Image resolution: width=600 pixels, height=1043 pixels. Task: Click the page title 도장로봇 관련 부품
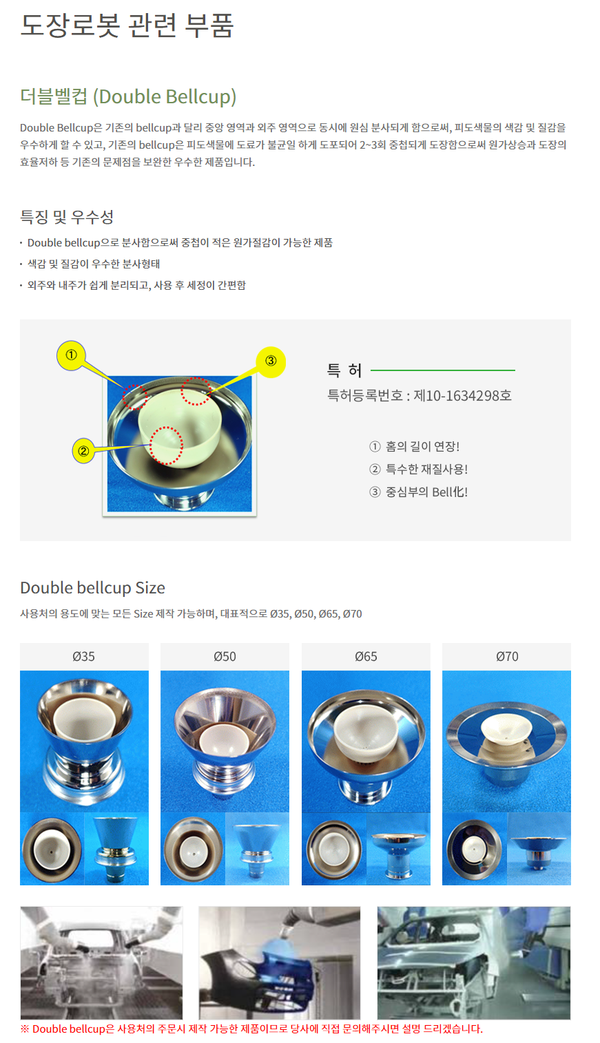pos(127,25)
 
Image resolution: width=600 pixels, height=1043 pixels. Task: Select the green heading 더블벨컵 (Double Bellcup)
pos(128,96)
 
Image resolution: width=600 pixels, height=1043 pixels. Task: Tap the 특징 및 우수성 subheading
pos(67,216)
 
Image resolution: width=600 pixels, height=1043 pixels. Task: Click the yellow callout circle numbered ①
pos(71,355)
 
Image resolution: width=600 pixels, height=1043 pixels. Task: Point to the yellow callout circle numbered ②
pos(83,451)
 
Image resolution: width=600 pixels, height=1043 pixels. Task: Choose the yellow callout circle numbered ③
pos(271,361)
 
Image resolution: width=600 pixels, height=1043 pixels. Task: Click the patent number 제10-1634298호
pos(463,396)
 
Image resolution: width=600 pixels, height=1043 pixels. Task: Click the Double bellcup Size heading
pos(93,588)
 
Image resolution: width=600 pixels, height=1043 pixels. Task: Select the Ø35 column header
pos(84,657)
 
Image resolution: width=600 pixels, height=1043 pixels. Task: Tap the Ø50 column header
pos(225,657)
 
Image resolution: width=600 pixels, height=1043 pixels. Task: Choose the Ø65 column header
pos(366,657)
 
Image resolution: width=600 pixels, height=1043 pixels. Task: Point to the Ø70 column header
pos(506,657)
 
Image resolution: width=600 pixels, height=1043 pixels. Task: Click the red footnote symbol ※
pos(25,1029)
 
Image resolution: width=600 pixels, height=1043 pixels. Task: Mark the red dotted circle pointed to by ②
pos(166,445)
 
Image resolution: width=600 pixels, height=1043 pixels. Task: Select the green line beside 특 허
pos(443,370)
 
